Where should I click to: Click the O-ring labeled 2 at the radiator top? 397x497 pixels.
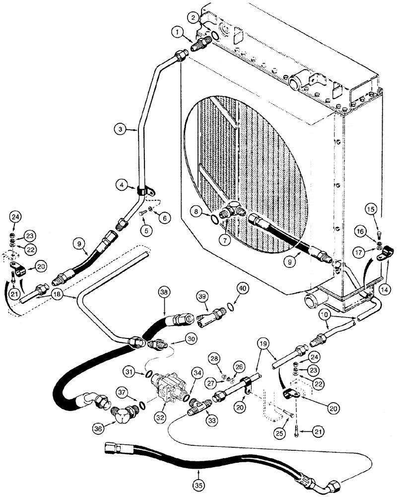coord(215,36)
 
